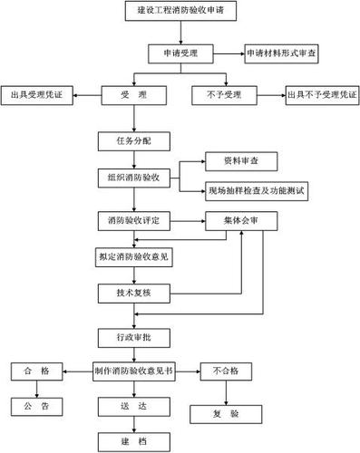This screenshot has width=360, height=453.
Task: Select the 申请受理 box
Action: [182, 54]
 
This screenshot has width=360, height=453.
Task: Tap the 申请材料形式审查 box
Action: [285, 54]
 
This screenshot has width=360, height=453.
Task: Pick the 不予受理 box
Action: [224, 94]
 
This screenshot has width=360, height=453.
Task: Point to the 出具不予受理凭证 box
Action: [321, 94]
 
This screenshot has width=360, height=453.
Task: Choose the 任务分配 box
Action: [136, 140]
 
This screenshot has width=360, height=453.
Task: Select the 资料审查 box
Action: [227, 161]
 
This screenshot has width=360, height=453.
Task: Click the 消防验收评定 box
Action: [136, 220]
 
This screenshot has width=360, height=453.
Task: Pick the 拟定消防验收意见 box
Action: [136, 256]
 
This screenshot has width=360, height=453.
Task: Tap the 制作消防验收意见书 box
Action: [136, 371]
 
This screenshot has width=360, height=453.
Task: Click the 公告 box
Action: [37, 405]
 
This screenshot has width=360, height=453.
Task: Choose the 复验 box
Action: [226, 412]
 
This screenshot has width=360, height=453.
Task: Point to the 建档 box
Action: [136, 440]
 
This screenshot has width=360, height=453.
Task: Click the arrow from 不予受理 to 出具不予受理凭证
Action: [269, 94]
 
